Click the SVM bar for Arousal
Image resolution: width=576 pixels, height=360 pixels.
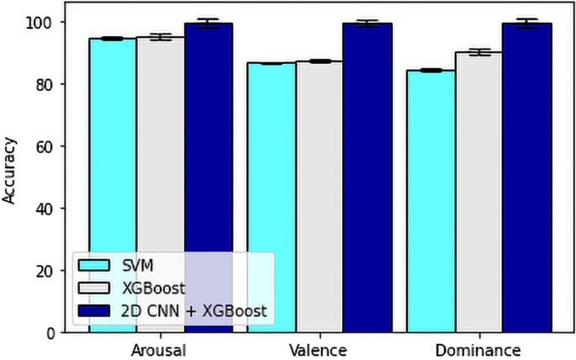[113, 168]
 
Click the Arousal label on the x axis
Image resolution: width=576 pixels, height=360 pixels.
[161, 348]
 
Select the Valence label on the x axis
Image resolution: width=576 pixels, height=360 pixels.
[320, 348]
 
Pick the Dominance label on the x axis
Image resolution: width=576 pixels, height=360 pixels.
[478, 348]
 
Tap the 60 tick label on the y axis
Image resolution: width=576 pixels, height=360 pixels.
[45, 146]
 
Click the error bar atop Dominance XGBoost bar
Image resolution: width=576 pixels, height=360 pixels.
[478, 52]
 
